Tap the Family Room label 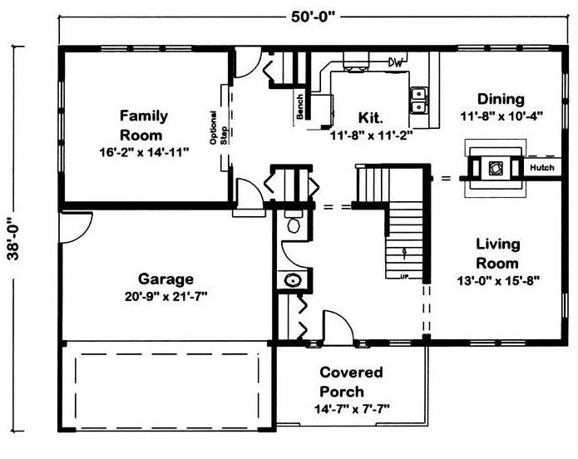pyautogui.click(x=143, y=126)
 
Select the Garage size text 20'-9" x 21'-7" pyautogui.click(x=165, y=296)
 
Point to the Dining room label pyautogui.click(x=501, y=99)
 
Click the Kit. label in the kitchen pyautogui.click(x=371, y=117)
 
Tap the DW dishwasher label pyautogui.click(x=396, y=62)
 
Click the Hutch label pyautogui.click(x=542, y=167)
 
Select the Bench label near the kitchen pyautogui.click(x=299, y=106)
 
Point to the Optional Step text pyautogui.click(x=218, y=127)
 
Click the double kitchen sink pyautogui.click(x=419, y=101)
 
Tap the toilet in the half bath pyautogui.click(x=294, y=221)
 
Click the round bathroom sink pyautogui.click(x=293, y=280)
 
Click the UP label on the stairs pyautogui.click(x=404, y=276)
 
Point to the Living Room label pyautogui.click(x=497, y=254)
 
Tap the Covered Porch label pyautogui.click(x=351, y=382)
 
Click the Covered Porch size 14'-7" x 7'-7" pyautogui.click(x=352, y=409)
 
